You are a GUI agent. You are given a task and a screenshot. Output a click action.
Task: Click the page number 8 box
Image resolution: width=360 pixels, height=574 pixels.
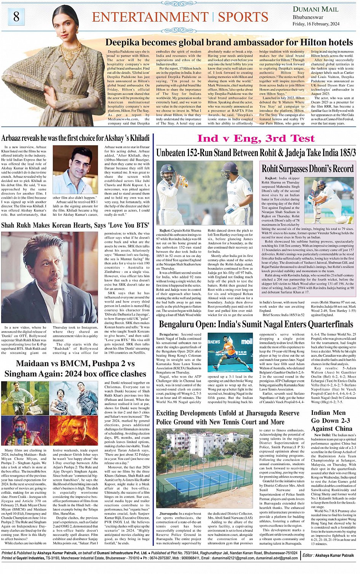16,17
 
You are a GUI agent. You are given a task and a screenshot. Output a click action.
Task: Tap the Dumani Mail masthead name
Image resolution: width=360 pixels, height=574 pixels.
315,9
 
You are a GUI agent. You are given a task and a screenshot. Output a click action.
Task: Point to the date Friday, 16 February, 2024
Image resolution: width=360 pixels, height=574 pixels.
316,24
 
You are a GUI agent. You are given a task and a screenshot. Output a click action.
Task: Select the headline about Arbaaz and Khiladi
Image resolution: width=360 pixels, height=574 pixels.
75,138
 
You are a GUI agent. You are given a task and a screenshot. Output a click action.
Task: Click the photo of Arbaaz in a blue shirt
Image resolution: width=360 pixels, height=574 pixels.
75,169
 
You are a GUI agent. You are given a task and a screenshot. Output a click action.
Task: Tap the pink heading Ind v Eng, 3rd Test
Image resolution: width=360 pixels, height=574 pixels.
256,139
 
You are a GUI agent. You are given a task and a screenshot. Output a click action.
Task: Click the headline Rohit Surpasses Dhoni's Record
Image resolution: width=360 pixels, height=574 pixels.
307,169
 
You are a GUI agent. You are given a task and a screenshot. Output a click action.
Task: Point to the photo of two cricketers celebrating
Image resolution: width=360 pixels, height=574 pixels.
204,193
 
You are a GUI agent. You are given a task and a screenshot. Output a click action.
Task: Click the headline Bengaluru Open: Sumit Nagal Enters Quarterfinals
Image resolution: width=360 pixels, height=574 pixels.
256,324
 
